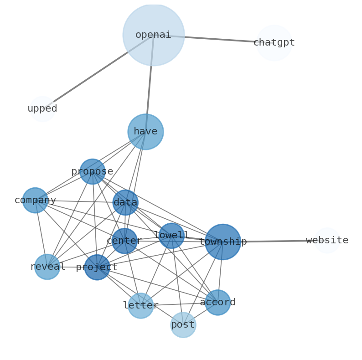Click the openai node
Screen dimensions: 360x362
click(153, 35)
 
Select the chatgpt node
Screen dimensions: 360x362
click(274, 43)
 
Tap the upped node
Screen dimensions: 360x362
click(42, 109)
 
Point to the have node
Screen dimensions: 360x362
click(145, 132)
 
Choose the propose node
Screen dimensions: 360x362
click(93, 172)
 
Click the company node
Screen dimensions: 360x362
click(35, 201)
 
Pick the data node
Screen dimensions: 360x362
click(125, 203)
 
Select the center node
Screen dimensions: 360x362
click(124, 241)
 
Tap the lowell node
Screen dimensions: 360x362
click(171, 236)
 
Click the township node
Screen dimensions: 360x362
click(222, 242)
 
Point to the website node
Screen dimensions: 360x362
click(327, 241)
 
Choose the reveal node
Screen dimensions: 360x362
click(47, 267)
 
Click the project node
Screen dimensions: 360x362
click(97, 267)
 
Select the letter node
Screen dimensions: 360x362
click(140, 306)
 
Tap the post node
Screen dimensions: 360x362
click(183, 325)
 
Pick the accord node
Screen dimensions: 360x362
click(217, 303)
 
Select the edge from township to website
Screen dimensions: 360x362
click(278, 241)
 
